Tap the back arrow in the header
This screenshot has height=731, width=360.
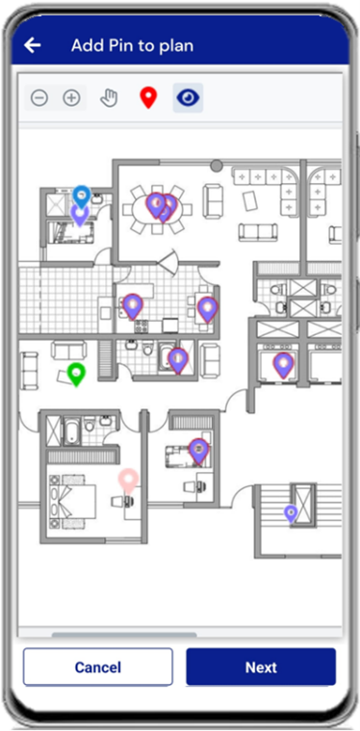[x=33, y=45]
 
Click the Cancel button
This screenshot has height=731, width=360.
[x=98, y=667]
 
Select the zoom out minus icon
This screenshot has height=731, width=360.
[x=39, y=98]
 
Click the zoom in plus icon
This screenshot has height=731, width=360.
[x=72, y=98]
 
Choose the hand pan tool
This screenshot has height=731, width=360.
[x=110, y=98]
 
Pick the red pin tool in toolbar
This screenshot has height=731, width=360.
[x=148, y=98]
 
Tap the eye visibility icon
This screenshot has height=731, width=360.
[x=188, y=97]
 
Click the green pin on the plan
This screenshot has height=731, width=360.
[x=76, y=375]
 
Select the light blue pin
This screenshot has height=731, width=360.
[x=82, y=196]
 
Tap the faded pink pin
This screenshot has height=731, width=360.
[x=128, y=482]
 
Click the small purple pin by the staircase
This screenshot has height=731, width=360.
[x=291, y=513]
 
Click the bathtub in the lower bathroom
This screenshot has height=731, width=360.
[x=72, y=431]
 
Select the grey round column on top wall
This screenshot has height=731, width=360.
[x=216, y=165]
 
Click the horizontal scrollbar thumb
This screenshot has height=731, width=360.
[x=124, y=635]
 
